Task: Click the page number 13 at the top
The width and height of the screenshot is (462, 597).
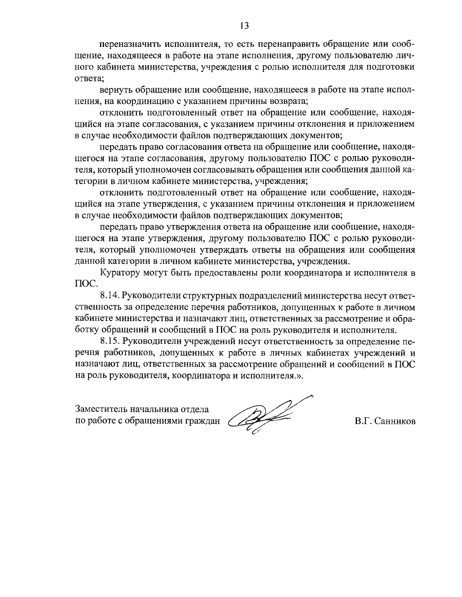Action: (244, 26)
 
